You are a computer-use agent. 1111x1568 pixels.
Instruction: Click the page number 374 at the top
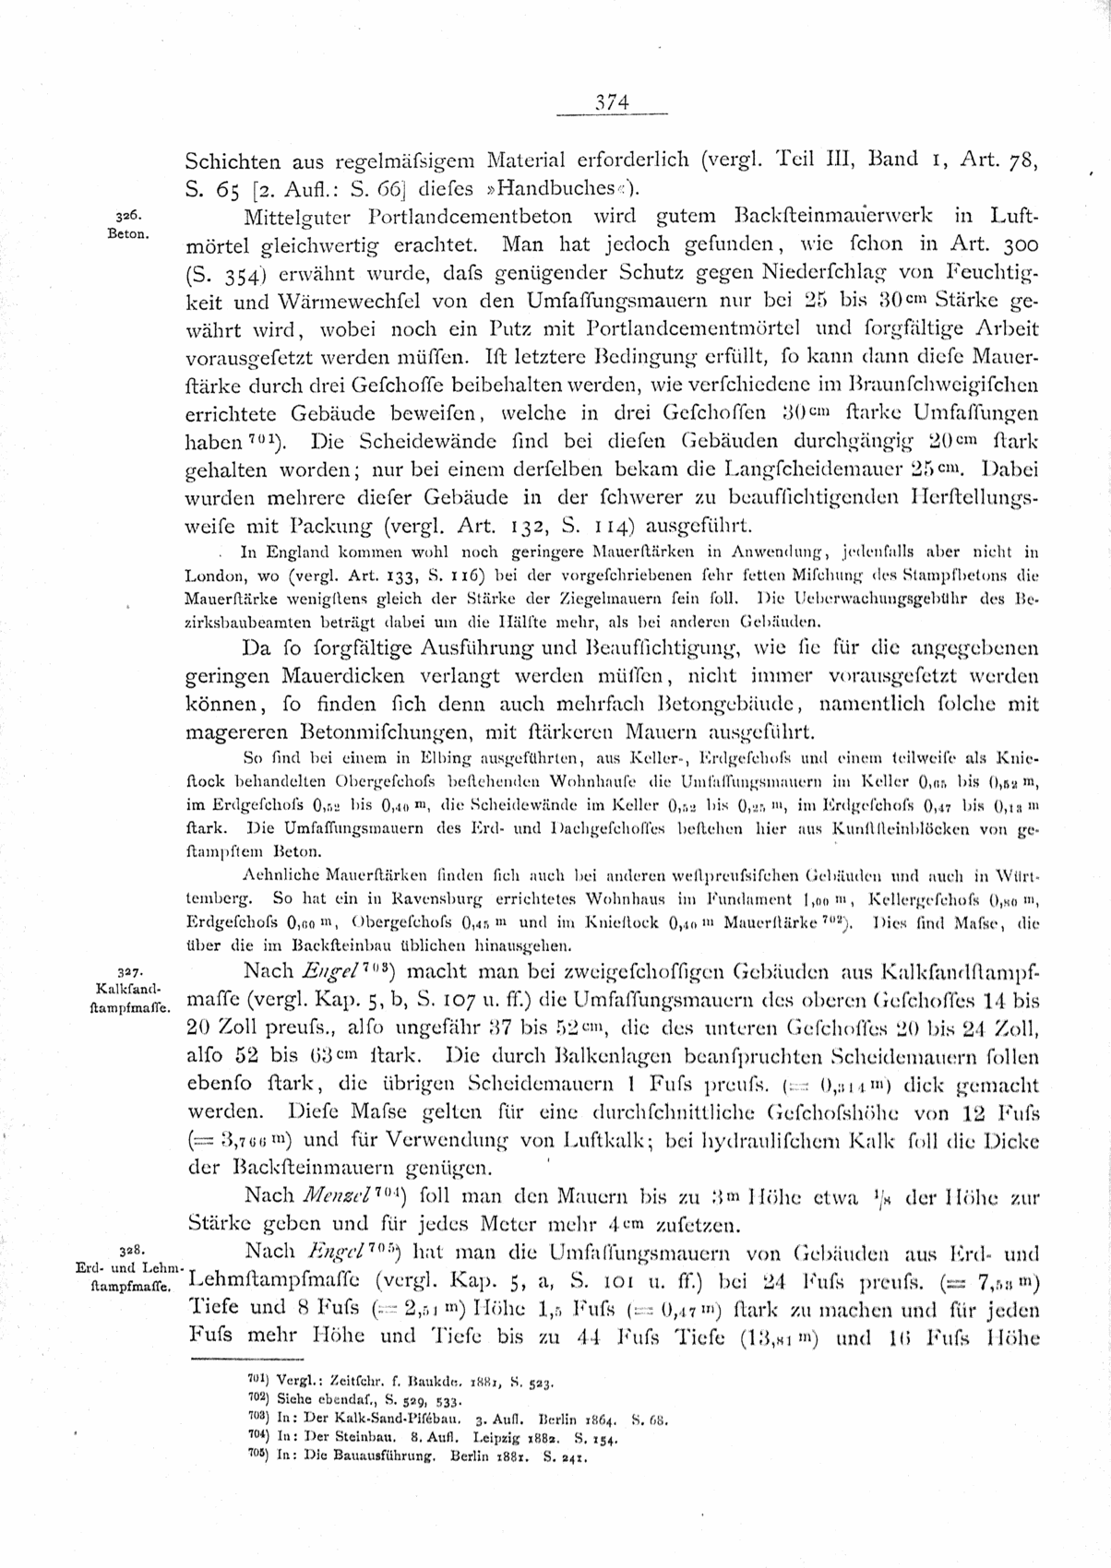click(x=611, y=103)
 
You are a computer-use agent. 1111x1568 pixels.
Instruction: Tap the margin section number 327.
click(x=128, y=971)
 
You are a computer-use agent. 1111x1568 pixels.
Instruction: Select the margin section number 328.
click(x=128, y=1249)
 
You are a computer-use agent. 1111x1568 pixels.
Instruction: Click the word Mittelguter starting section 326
click(x=297, y=217)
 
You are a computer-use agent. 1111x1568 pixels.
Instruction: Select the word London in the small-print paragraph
click(x=217, y=573)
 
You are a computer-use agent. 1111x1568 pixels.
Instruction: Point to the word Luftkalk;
click(x=613, y=1141)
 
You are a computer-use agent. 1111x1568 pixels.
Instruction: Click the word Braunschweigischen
click(x=934, y=383)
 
